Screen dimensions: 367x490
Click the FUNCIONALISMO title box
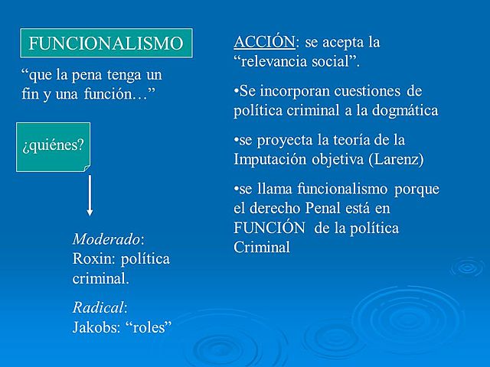[x=106, y=44]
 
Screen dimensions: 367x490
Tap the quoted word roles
[x=150, y=327]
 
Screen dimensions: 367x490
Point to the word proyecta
[x=288, y=140]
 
